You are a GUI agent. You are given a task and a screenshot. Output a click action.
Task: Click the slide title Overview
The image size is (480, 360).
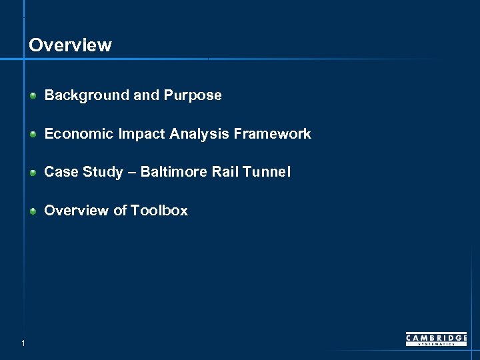(70, 45)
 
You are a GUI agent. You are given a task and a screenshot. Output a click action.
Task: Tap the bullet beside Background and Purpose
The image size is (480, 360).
(33, 95)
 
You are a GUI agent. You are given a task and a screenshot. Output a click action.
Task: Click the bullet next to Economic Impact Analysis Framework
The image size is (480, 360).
(33, 134)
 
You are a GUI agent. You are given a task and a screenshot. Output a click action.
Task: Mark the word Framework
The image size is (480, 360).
(273, 134)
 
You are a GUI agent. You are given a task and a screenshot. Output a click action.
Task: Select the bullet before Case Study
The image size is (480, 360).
(33, 173)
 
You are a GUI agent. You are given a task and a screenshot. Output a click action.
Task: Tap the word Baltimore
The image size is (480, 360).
(173, 172)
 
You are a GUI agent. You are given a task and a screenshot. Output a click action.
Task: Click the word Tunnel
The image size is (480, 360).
(267, 172)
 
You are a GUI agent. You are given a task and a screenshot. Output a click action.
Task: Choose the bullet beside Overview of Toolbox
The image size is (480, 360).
(33, 211)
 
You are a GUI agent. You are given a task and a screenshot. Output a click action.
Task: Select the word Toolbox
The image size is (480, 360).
(159, 211)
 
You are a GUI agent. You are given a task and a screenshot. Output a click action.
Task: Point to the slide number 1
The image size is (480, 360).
(23, 343)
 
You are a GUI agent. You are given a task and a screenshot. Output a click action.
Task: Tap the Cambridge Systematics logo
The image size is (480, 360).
(437, 339)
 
